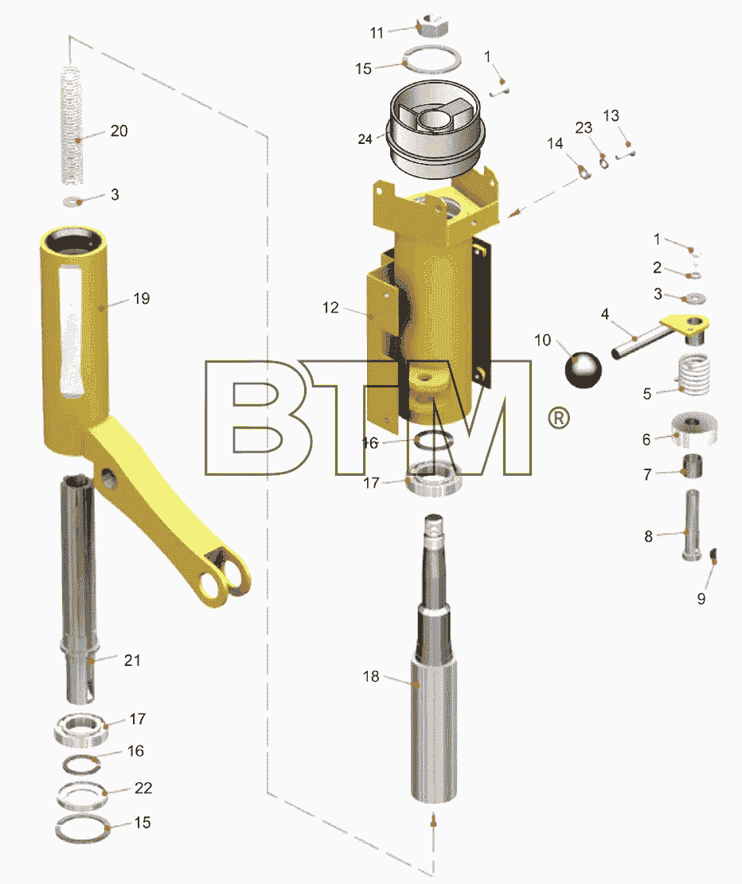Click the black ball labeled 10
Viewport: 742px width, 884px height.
pyautogui.click(x=584, y=369)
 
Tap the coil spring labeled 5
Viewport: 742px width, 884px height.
pyautogui.click(x=693, y=374)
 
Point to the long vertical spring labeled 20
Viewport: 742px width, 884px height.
pyautogui.click(x=72, y=125)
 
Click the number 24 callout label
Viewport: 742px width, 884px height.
pyautogui.click(x=365, y=138)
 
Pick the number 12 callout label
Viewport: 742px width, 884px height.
pyautogui.click(x=330, y=307)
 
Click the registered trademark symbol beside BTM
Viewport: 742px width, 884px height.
pyautogui.click(x=559, y=418)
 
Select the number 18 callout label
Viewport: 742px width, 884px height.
pyautogui.click(x=371, y=676)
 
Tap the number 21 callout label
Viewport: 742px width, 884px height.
pyautogui.click(x=132, y=660)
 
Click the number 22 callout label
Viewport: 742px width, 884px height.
pyautogui.click(x=143, y=788)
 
